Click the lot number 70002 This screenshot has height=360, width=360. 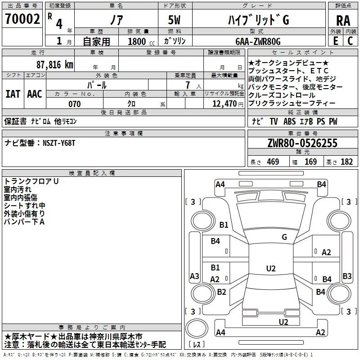(22, 18)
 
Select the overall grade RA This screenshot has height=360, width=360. (343, 21)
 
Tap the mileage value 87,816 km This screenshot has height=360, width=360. (55, 65)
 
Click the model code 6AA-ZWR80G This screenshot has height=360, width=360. (258, 41)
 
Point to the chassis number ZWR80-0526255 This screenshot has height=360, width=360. (302, 143)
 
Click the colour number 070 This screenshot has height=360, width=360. (75, 104)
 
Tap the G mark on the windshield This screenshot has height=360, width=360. (284, 237)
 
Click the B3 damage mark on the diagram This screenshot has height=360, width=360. (347, 276)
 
